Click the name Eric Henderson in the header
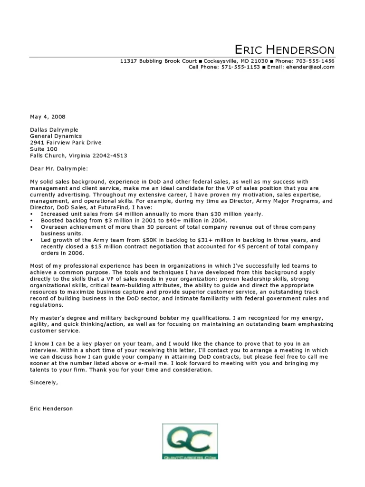[x=284, y=49]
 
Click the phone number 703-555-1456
[x=315, y=61]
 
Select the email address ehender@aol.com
[x=311, y=67]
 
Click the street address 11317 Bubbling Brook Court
[x=158, y=61]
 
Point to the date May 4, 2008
[x=48, y=117]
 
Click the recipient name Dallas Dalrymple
[x=54, y=130]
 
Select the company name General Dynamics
[x=56, y=136]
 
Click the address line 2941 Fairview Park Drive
[x=66, y=143]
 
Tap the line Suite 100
[x=43, y=149]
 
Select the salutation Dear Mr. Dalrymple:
[x=59, y=168]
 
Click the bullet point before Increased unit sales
[x=31, y=214]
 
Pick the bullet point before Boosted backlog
[x=31, y=221]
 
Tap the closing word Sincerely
[x=44, y=382]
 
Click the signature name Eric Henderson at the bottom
[x=51, y=409]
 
